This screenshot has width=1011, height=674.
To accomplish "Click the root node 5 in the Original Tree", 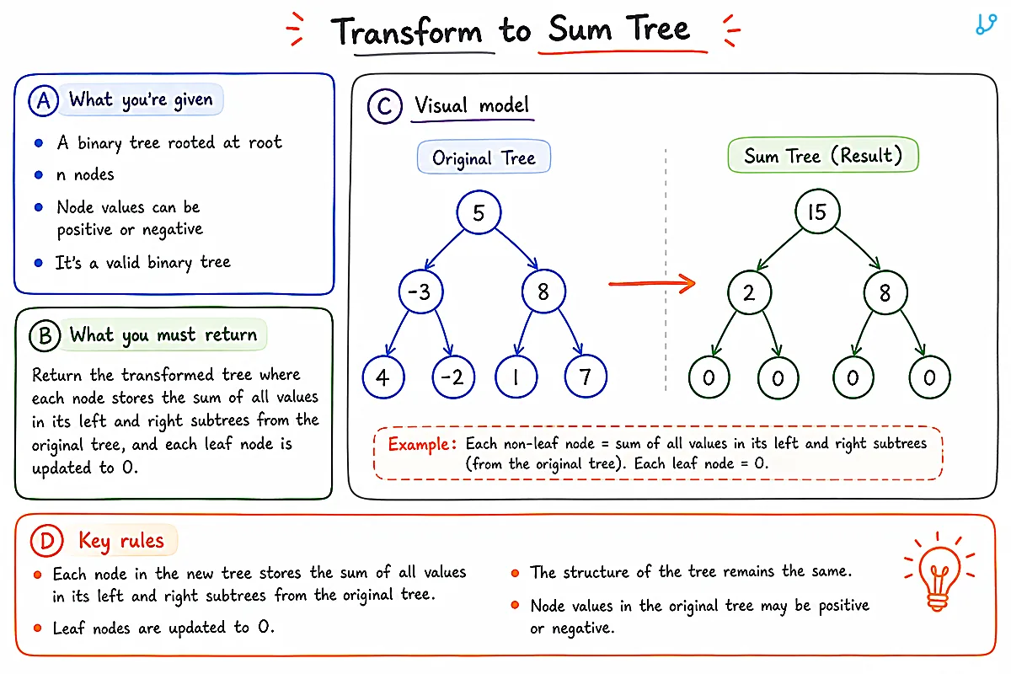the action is click(479, 212).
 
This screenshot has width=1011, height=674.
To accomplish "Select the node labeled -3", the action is click(420, 292).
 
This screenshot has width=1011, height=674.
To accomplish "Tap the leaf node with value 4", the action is click(383, 377).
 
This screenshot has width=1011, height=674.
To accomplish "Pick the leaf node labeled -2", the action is click(453, 377).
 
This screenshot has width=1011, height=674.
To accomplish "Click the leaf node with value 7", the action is click(586, 376).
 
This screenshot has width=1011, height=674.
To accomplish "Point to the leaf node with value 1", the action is click(516, 377).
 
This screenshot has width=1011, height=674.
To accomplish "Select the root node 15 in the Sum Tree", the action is click(817, 211).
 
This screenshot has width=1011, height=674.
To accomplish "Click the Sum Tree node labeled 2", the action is click(749, 292).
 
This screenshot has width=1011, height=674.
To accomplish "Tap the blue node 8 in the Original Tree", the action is click(543, 292).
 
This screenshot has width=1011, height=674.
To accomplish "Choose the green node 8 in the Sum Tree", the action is click(885, 292).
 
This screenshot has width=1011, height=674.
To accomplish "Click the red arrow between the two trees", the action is click(652, 284).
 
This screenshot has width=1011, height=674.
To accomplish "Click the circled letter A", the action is click(43, 100).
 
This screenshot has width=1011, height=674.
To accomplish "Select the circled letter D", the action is click(46, 540).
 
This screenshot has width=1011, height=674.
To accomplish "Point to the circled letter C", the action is click(384, 106).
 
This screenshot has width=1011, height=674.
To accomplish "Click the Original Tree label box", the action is click(484, 157).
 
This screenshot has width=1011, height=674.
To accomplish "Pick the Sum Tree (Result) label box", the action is click(823, 155).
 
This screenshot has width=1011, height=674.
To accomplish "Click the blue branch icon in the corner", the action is click(986, 24).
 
